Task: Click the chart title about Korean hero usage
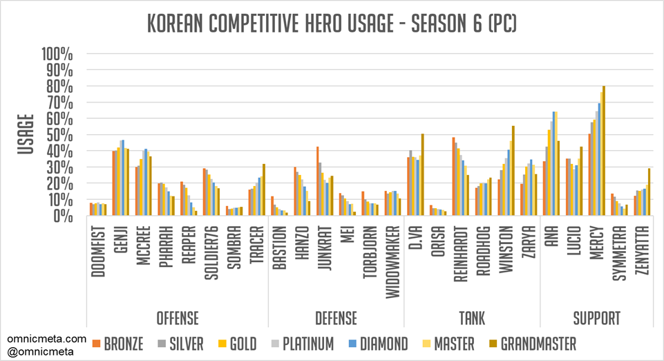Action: [x=332, y=26]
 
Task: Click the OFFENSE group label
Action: [x=177, y=319]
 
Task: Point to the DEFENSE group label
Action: [x=336, y=319]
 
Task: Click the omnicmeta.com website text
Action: [x=48, y=339]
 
